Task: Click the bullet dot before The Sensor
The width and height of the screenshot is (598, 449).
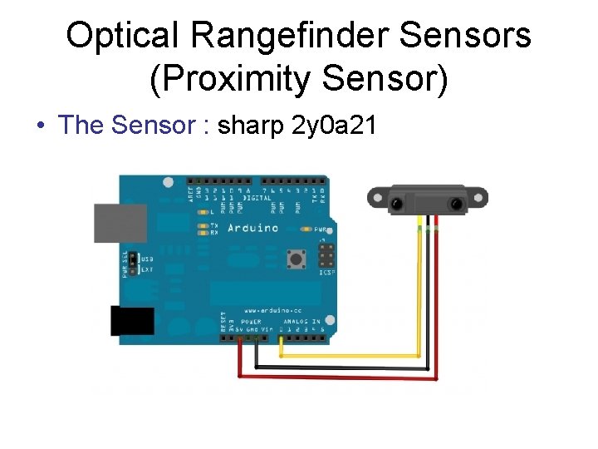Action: (41, 126)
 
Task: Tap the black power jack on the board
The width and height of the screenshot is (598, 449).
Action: (132, 321)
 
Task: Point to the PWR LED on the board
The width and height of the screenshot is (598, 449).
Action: (307, 229)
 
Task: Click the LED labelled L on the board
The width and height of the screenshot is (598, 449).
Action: (203, 213)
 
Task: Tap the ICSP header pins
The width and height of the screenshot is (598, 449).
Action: (326, 256)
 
